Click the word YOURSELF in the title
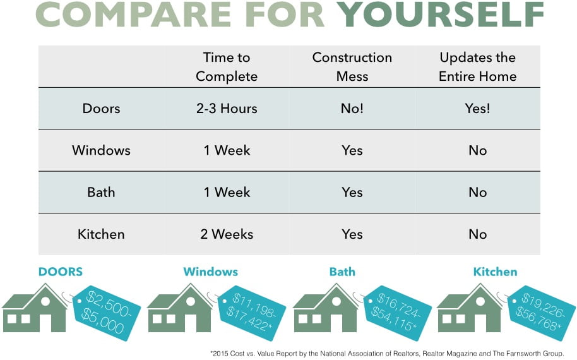(x=440, y=15)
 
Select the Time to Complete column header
(x=227, y=66)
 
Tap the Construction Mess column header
(x=352, y=66)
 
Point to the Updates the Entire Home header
(x=478, y=66)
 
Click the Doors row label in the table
(x=101, y=109)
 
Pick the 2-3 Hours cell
(x=227, y=109)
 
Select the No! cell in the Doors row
(x=352, y=109)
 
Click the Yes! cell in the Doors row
(x=478, y=109)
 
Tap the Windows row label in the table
(x=101, y=150)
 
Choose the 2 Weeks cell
(x=227, y=234)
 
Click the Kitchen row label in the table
(x=101, y=234)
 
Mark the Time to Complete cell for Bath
(x=227, y=193)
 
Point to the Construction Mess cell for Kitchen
(x=352, y=234)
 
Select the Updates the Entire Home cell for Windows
(x=478, y=150)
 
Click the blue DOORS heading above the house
(x=61, y=272)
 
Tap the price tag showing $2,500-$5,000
(x=107, y=313)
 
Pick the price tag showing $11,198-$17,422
(x=252, y=313)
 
